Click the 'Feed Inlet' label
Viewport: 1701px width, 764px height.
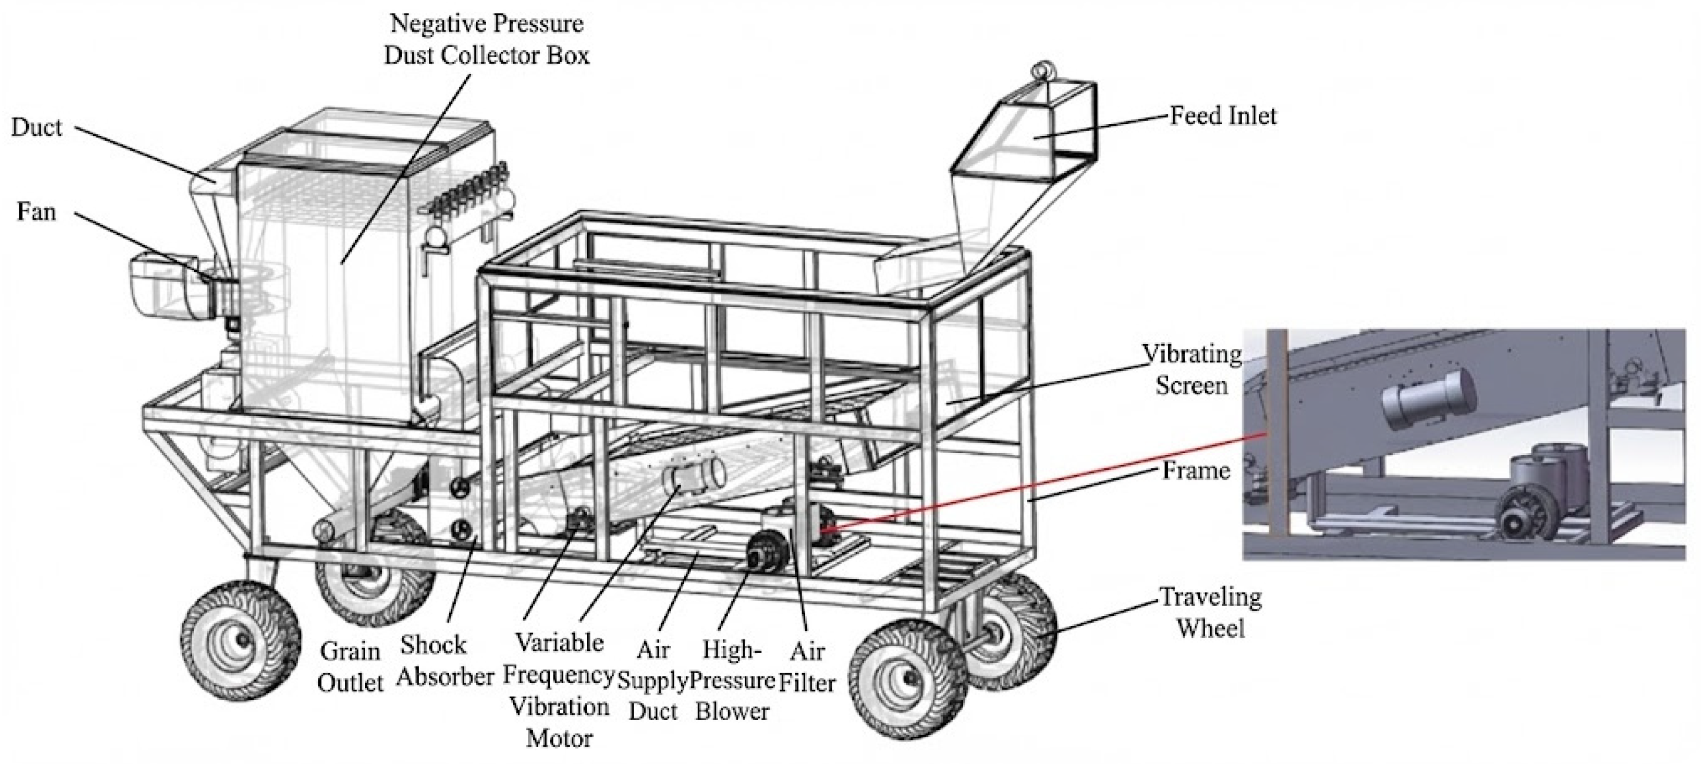pos(1223,116)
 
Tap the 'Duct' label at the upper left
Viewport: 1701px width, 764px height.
pos(36,127)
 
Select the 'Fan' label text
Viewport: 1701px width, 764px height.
pos(36,212)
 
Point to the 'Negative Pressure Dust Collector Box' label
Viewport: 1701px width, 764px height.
pos(487,40)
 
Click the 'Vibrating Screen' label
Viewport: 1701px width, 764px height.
pos(1192,370)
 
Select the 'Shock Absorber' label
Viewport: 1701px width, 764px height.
pos(445,660)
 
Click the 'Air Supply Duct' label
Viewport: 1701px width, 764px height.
pos(653,681)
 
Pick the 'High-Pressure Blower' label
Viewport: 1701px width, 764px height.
pos(732,681)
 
